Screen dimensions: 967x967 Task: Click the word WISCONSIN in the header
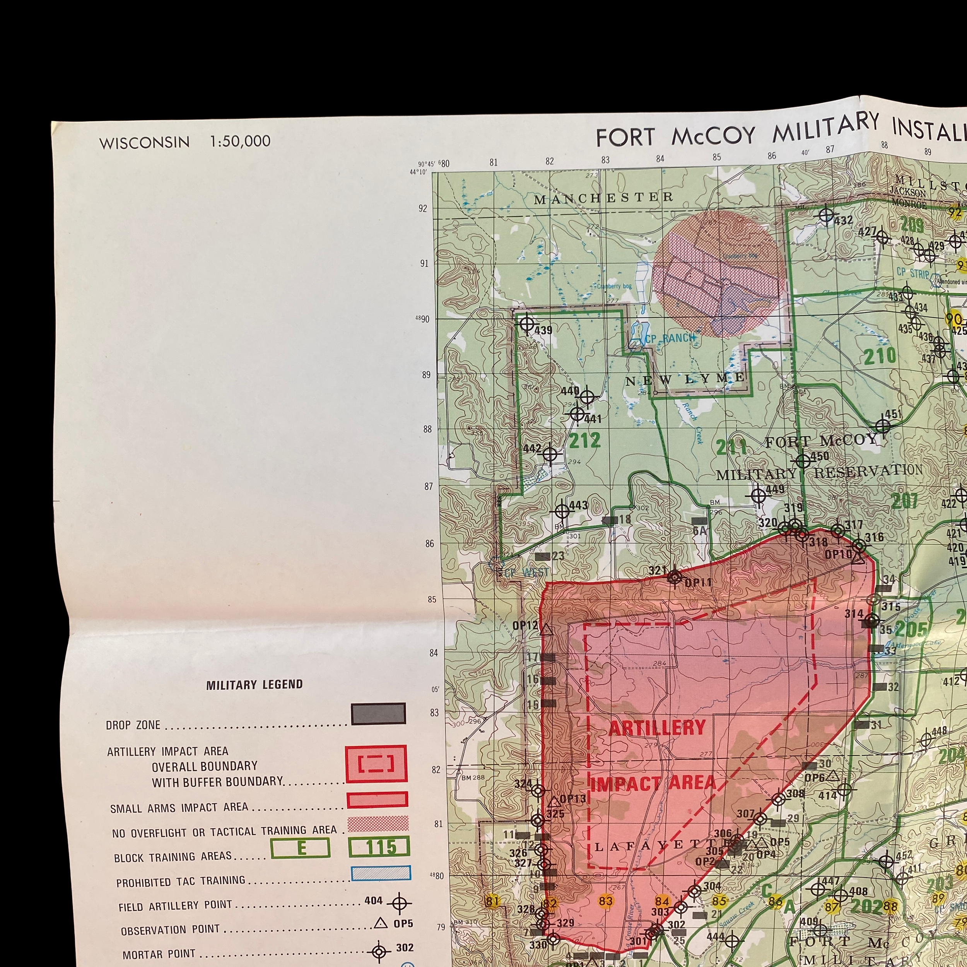point(144,143)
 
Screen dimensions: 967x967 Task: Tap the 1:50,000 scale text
point(240,141)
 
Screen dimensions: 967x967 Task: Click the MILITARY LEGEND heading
point(254,685)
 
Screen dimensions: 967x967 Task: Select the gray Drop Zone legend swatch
point(378,714)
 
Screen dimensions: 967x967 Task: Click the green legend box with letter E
point(300,848)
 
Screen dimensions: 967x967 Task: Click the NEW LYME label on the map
point(686,379)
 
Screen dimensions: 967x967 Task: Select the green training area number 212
point(584,441)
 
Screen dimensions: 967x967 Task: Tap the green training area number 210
point(880,356)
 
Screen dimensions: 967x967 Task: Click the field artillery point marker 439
point(526,323)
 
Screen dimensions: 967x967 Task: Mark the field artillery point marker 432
point(826,216)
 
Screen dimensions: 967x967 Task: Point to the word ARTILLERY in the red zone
point(657,727)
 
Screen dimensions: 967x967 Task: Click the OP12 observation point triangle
point(547,630)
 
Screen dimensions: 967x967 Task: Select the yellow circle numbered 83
point(606,901)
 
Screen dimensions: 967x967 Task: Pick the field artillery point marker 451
point(883,426)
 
